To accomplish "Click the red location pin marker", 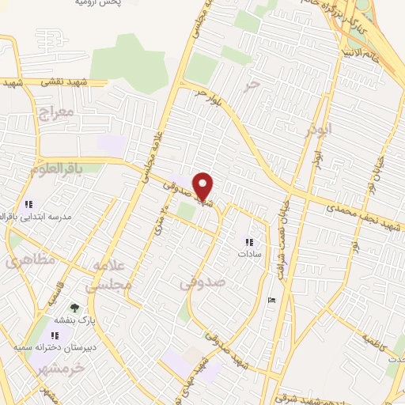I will click(x=203, y=187).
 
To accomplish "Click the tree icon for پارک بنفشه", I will click(x=74, y=308).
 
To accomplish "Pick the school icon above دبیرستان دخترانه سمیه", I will click(x=54, y=335).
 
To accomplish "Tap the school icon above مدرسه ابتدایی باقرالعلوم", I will click(x=29, y=203).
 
